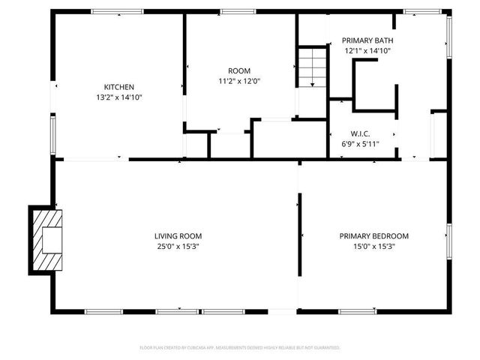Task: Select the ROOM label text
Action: point(239,70)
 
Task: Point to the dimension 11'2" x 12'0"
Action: point(239,80)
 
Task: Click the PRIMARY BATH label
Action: point(367,40)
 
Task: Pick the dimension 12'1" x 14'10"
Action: point(367,50)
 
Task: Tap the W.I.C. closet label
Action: point(361,133)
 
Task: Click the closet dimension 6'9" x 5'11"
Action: point(361,143)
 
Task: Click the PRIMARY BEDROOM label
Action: point(373,235)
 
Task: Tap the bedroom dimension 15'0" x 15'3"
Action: point(373,245)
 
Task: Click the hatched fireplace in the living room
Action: point(46,240)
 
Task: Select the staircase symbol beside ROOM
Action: point(312,67)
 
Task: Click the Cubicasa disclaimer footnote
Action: point(240,347)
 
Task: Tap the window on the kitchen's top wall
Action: point(117,11)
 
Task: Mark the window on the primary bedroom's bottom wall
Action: point(357,311)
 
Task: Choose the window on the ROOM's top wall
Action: point(238,11)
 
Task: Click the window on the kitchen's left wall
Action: point(52,133)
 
